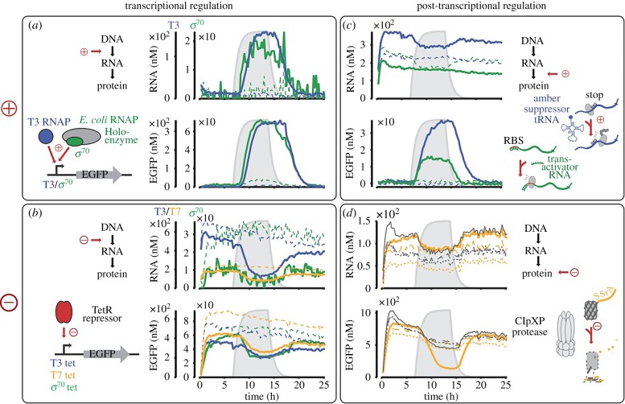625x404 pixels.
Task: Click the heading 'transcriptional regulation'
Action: pyautogui.click(x=179, y=6)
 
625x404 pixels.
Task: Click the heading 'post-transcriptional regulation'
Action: pyautogui.click(x=482, y=6)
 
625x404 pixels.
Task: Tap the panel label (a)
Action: pyautogui.click(x=35, y=26)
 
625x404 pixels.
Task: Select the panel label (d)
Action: pyautogui.click(x=350, y=214)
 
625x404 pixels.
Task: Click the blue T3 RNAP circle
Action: pyautogui.click(x=46, y=137)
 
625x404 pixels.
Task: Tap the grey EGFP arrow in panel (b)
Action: pyautogui.click(x=106, y=354)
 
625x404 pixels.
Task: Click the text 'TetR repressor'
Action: pyautogui.click(x=102, y=314)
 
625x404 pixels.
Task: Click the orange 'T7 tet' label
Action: pyautogui.click(x=63, y=375)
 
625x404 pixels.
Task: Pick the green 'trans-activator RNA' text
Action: pyautogui.click(x=560, y=167)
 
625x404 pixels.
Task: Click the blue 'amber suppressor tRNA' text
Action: pyautogui.click(x=546, y=109)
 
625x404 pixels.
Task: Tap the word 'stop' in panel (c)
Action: pyautogui.click(x=594, y=95)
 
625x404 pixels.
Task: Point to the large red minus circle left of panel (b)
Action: pyautogui.click(x=10, y=302)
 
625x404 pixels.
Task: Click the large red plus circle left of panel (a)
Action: pyautogui.click(x=10, y=109)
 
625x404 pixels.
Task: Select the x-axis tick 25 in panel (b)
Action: pyautogui.click(x=324, y=385)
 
